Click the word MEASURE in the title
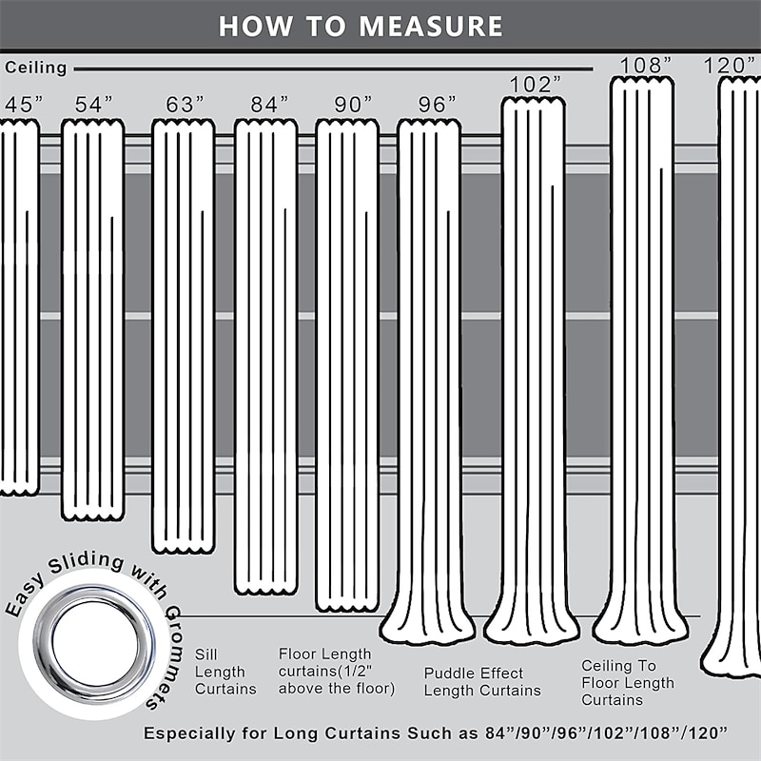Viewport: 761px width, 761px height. (431, 27)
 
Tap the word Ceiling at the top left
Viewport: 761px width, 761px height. (36, 68)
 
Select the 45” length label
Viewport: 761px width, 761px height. (24, 105)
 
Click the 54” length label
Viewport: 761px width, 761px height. (93, 105)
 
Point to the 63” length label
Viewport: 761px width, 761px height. (185, 105)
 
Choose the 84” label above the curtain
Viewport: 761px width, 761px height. (269, 105)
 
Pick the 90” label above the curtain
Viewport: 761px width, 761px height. (353, 105)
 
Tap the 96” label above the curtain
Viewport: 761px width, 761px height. (438, 105)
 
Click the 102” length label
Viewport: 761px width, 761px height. (535, 85)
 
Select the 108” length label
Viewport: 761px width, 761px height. (646, 65)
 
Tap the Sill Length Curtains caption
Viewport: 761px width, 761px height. (225, 672)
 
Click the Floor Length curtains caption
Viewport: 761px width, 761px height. (337, 672)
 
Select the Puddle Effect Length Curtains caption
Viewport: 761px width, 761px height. (482, 682)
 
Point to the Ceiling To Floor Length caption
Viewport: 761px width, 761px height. (628, 682)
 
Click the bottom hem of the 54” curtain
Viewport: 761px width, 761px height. (92, 516)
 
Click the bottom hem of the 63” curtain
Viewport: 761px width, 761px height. (183, 549)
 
